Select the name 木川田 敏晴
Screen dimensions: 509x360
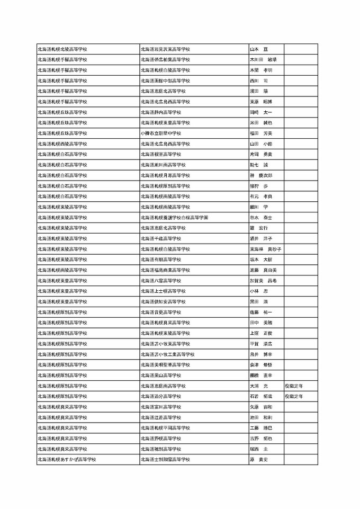(x=263, y=60)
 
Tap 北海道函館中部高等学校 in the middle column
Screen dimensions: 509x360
(x=165, y=81)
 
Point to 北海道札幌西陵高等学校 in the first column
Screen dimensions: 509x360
(x=62, y=144)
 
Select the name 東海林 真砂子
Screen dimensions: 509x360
(x=265, y=249)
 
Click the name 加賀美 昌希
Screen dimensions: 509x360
(x=263, y=281)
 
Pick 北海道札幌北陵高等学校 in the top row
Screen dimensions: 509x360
(x=62, y=49)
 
